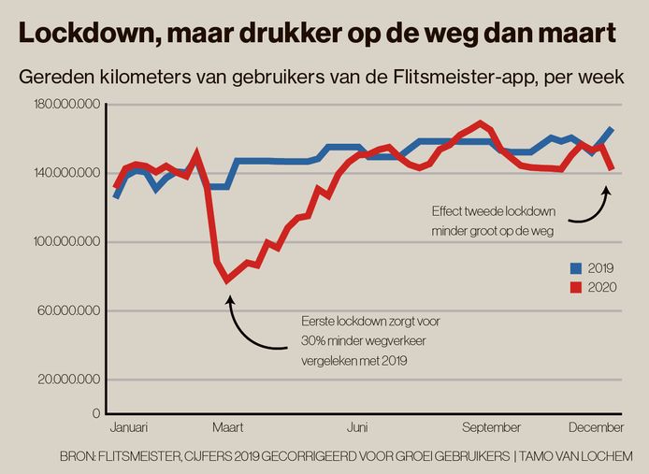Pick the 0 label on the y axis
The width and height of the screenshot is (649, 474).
click(95, 412)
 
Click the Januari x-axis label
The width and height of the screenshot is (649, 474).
click(129, 428)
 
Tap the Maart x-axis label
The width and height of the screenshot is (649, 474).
click(227, 428)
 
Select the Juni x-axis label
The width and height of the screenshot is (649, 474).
click(356, 428)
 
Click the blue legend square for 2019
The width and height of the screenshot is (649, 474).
click(577, 267)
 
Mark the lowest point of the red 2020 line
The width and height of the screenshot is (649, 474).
click(226, 280)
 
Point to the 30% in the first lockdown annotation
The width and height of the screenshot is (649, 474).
click(313, 338)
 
